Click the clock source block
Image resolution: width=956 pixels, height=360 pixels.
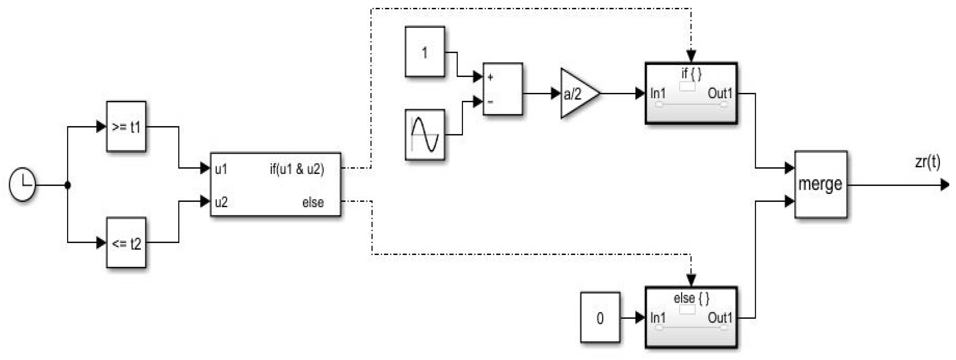pos(22,184)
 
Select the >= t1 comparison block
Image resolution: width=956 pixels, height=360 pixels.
pos(126,127)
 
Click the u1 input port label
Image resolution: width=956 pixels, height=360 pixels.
pos(221,169)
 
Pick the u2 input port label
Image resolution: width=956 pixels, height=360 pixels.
pos(221,202)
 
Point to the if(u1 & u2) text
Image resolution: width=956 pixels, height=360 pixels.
pos(297,169)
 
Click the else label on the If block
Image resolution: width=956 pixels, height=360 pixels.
pos(313,202)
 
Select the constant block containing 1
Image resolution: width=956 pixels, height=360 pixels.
pos(425,52)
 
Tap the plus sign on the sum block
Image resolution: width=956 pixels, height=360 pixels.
pos(491,77)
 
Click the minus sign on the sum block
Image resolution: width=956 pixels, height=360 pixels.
pos(491,101)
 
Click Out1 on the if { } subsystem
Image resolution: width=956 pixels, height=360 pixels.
pos(720,93)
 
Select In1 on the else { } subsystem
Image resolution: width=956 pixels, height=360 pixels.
pos(658,318)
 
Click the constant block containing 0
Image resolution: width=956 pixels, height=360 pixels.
pos(600,318)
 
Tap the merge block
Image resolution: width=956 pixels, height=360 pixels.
pos(821,184)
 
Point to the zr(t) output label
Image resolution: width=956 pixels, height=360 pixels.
pos(928,162)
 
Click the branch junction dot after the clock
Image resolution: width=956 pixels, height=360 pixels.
pos(68,185)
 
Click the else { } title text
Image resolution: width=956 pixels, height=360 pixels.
pos(691,298)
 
